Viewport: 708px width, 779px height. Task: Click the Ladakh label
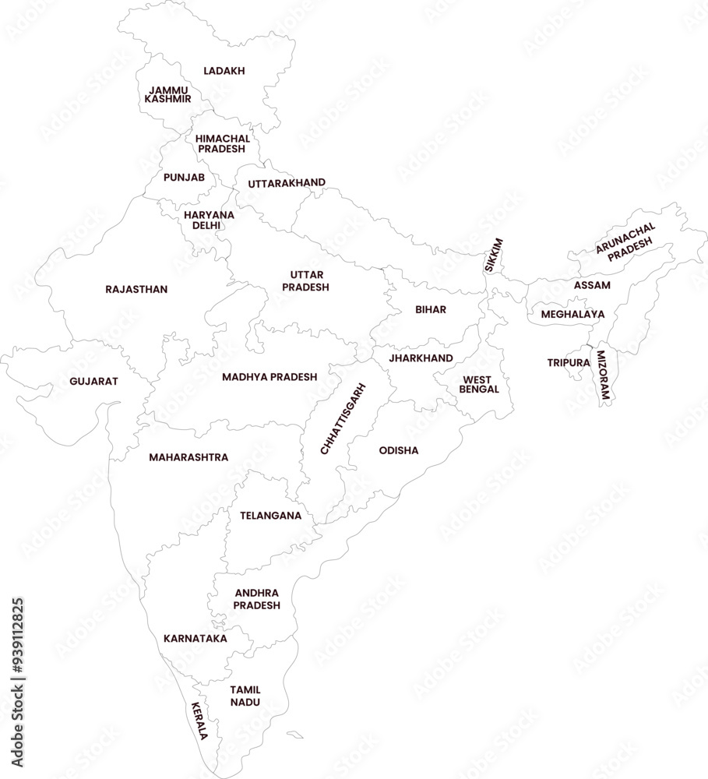coord(224,71)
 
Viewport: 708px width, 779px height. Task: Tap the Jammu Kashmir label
coord(168,95)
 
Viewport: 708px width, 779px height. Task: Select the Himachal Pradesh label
coord(222,143)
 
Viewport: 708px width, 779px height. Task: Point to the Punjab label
coord(184,178)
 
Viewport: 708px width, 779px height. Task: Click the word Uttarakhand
coord(287,183)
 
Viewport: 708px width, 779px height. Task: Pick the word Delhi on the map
coord(206,225)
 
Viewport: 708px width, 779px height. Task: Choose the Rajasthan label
coord(136,289)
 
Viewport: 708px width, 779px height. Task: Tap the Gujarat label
coord(93,381)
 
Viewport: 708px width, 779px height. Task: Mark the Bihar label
coord(431,309)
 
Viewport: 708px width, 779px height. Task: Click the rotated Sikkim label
coord(494,255)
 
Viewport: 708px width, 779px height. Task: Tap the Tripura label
coord(568,362)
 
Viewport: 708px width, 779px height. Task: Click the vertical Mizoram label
coord(603,375)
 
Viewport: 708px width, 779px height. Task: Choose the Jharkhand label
coord(421,358)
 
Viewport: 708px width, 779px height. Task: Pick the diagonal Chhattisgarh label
coord(343,418)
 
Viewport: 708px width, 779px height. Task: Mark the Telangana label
coord(270,515)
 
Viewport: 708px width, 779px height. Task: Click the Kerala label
coord(200,721)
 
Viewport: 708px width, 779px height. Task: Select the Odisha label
coord(399,450)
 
